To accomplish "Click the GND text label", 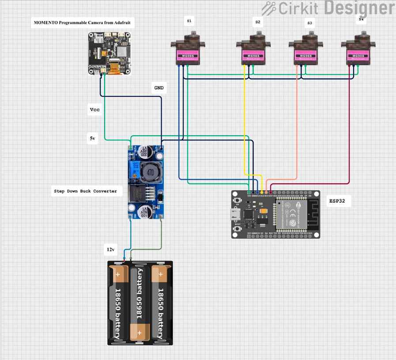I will pyautogui.click(x=159, y=88).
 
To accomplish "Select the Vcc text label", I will pyautogui.click(x=94, y=110).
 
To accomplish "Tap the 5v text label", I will pyautogui.click(x=92, y=138).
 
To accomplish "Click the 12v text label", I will pyautogui.click(x=110, y=250).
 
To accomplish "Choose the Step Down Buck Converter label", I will pyautogui.click(x=85, y=191).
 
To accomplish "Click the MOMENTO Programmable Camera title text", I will pyautogui.click(x=83, y=23).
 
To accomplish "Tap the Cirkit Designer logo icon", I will pyautogui.click(x=268, y=8).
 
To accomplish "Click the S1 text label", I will pyautogui.click(x=189, y=21).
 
